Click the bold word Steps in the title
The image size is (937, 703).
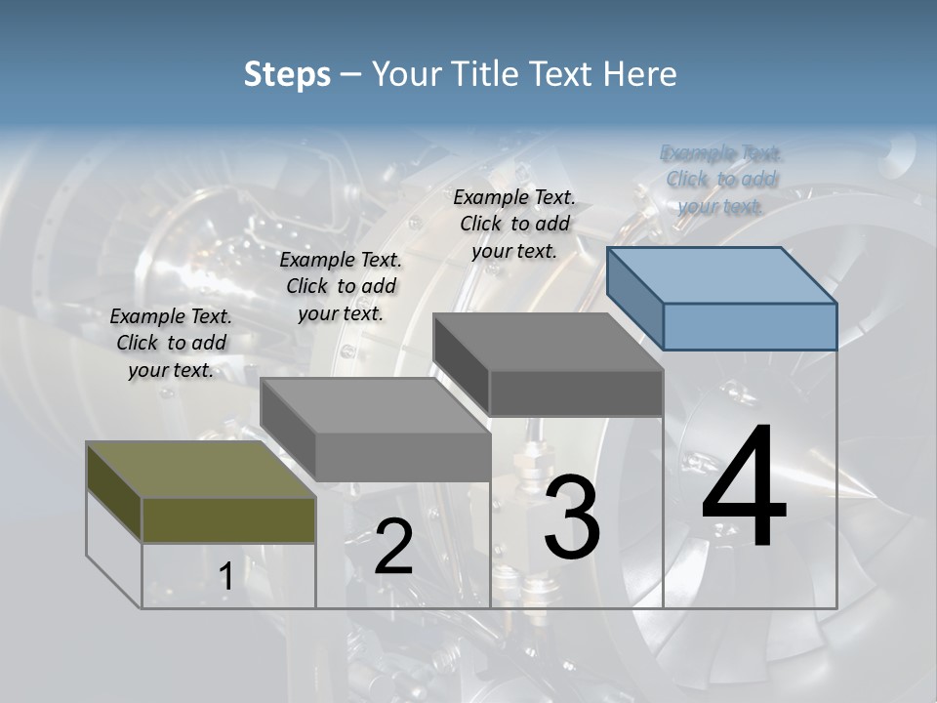[x=287, y=74]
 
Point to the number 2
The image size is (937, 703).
[x=393, y=546]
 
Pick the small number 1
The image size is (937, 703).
[x=225, y=577]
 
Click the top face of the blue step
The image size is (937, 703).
[x=722, y=274]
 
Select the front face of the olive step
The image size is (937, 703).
[x=228, y=519]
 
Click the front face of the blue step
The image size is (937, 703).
[x=750, y=326]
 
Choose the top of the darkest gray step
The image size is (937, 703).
[x=548, y=342]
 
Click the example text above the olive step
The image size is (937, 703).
[x=171, y=343]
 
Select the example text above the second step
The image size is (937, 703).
[x=341, y=286]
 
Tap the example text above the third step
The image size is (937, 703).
[x=514, y=224]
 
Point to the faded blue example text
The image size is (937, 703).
[x=721, y=179]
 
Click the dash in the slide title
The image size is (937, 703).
[x=350, y=74]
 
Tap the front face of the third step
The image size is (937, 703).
[x=576, y=393]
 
